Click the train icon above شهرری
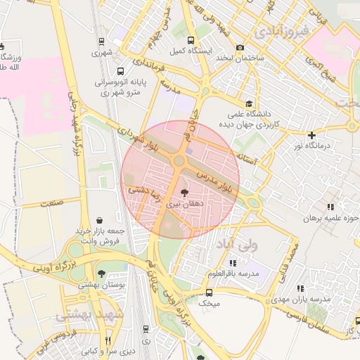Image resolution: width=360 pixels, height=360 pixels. [102, 41]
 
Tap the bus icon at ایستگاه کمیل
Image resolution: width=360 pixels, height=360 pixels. [191, 39]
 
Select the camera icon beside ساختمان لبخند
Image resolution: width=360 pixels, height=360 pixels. [240, 47]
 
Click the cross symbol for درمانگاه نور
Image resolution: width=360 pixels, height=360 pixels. [312, 134]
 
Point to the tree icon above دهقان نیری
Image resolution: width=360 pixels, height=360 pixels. [183, 192]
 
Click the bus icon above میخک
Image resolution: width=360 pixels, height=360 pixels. [209, 292]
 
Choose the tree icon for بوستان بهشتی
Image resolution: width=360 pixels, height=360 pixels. [103, 274]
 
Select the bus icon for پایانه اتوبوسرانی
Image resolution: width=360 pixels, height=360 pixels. [121, 71]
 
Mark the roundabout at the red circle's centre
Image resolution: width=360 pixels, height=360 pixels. [180, 161]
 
